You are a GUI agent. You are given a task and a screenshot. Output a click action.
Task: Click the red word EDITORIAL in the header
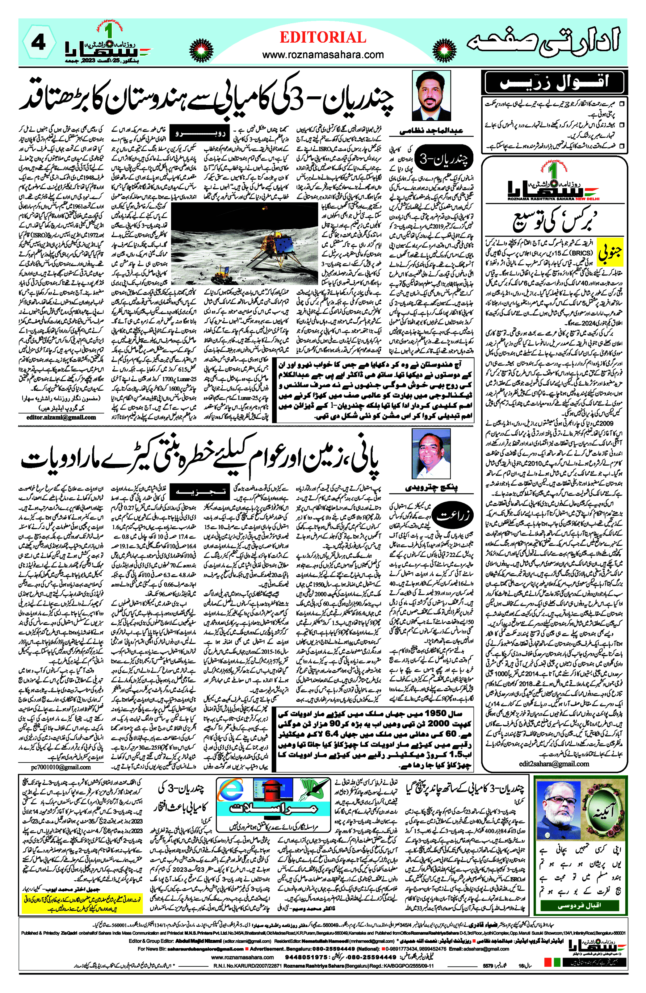coord(323,38)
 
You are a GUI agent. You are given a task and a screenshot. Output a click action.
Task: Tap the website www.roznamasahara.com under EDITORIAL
coord(323,55)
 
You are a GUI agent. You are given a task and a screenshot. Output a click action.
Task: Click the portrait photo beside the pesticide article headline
coord(431,454)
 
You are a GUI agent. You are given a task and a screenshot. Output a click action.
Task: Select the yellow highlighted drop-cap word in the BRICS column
coord(610,252)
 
